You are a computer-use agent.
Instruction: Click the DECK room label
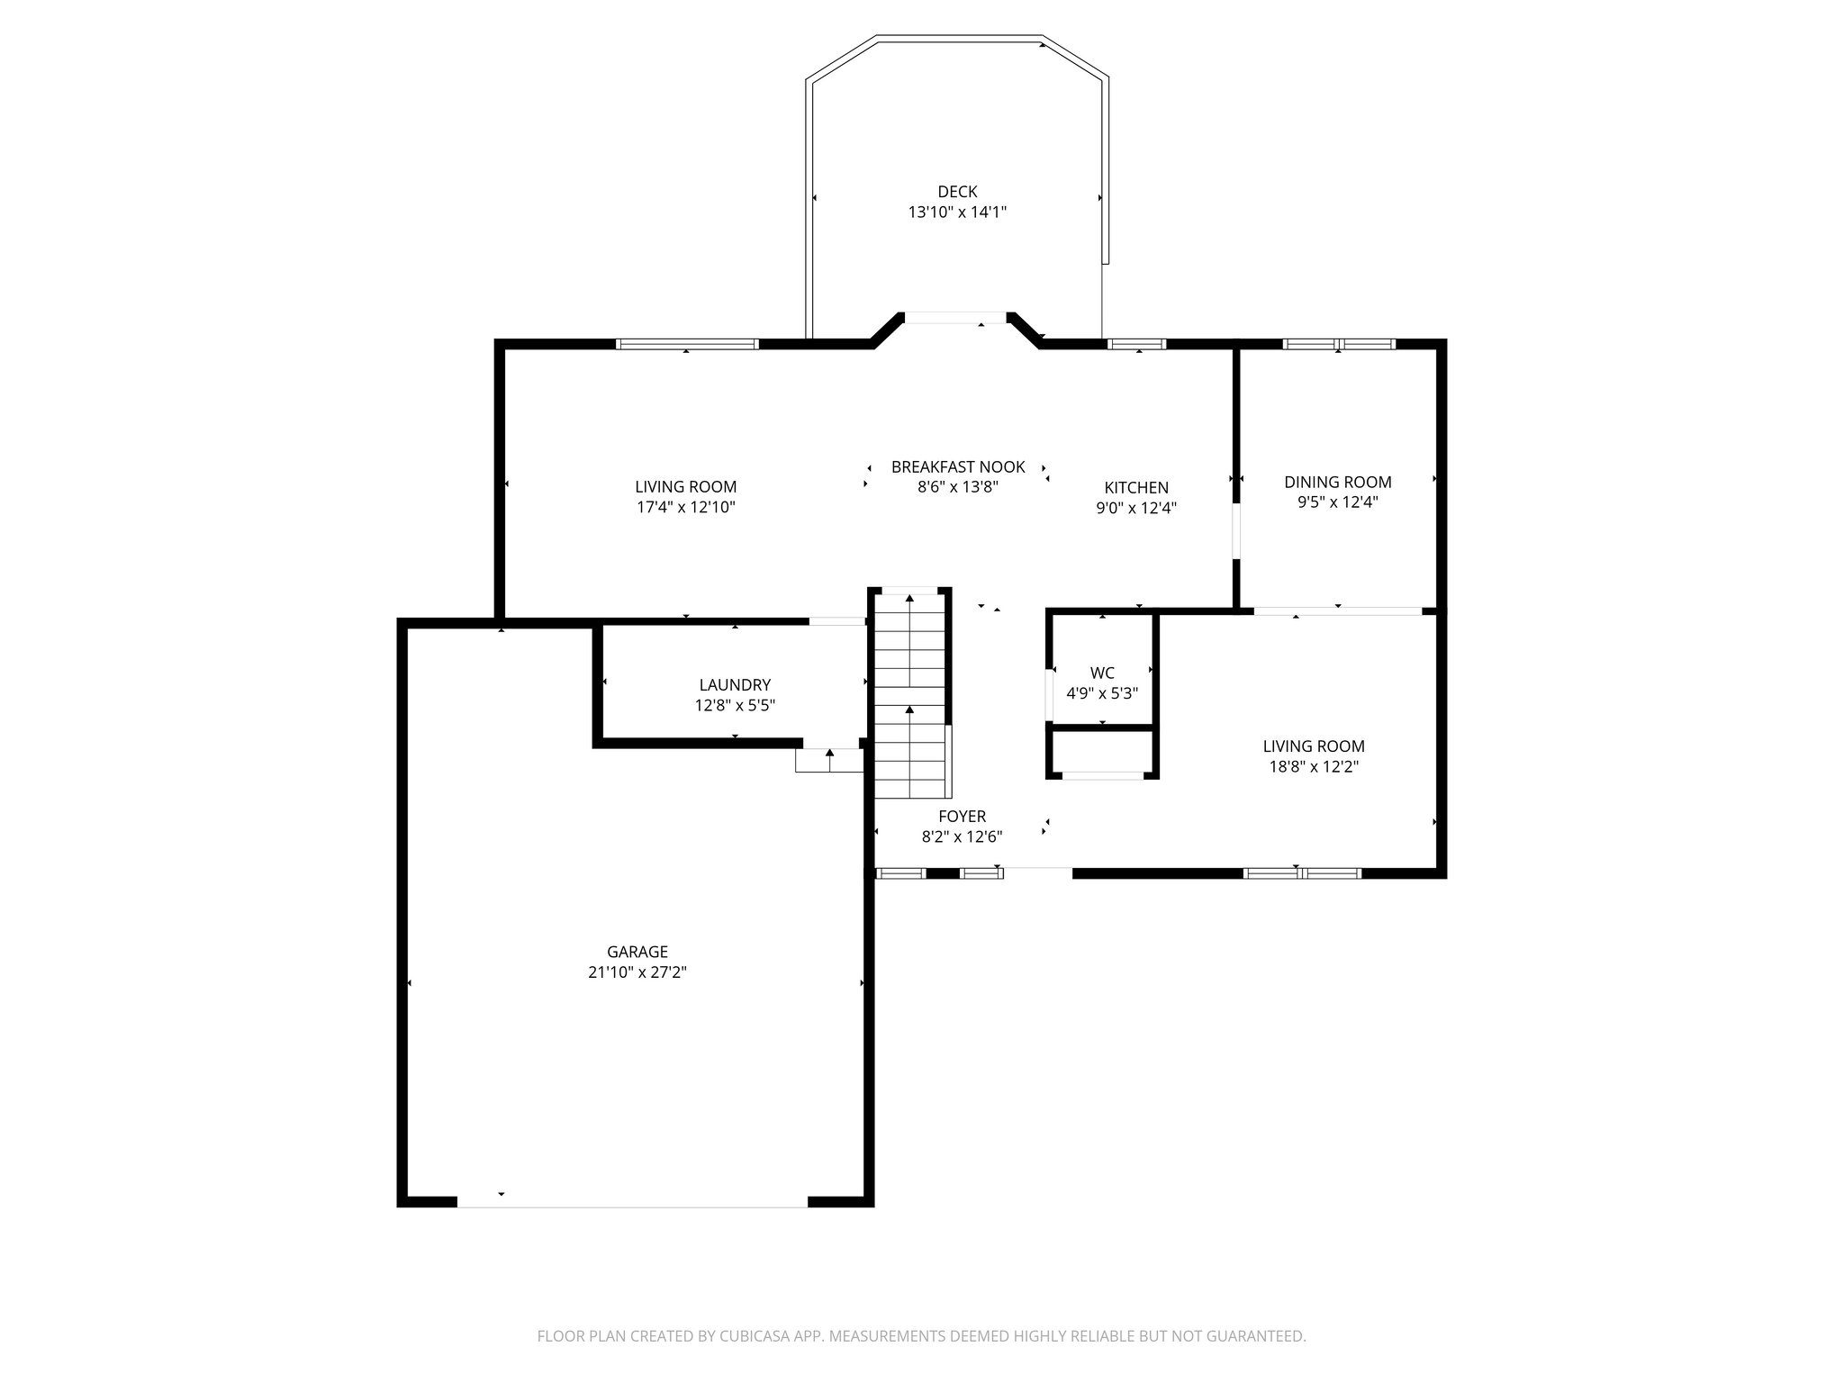click(x=956, y=192)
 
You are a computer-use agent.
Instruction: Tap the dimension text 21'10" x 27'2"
click(x=637, y=972)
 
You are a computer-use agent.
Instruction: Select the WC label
click(x=1102, y=673)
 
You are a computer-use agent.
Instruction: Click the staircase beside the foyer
click(x=910, y=693)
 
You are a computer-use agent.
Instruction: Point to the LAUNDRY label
click(x=735, y=685)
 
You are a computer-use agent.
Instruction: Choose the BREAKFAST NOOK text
click(x=958, y=466)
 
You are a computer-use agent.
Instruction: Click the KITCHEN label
click(x=1136, y=488)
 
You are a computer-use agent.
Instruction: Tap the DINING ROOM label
click(x=1337, y=482)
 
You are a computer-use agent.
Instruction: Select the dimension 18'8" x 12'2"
click(x=1314, y=767)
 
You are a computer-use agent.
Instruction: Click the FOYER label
click(x=962, y=817)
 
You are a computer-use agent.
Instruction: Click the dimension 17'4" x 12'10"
click(x=686, y=507)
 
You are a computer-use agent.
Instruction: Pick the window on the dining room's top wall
click(x=1338, y=344)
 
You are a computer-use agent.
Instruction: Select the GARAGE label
click(x=637, y=952)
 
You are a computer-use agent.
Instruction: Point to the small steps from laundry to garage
click(x=829, y=761)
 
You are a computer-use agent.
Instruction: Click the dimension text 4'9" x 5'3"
click(x=1102, y=693)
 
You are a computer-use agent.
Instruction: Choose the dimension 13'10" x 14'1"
click(x=956, y=212)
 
